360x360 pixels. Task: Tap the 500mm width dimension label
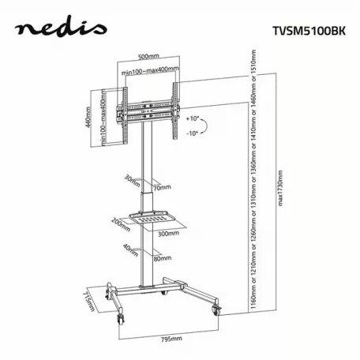pos(145,57)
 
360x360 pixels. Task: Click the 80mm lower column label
pos(162,257)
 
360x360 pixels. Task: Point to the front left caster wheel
pos(123,317)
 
